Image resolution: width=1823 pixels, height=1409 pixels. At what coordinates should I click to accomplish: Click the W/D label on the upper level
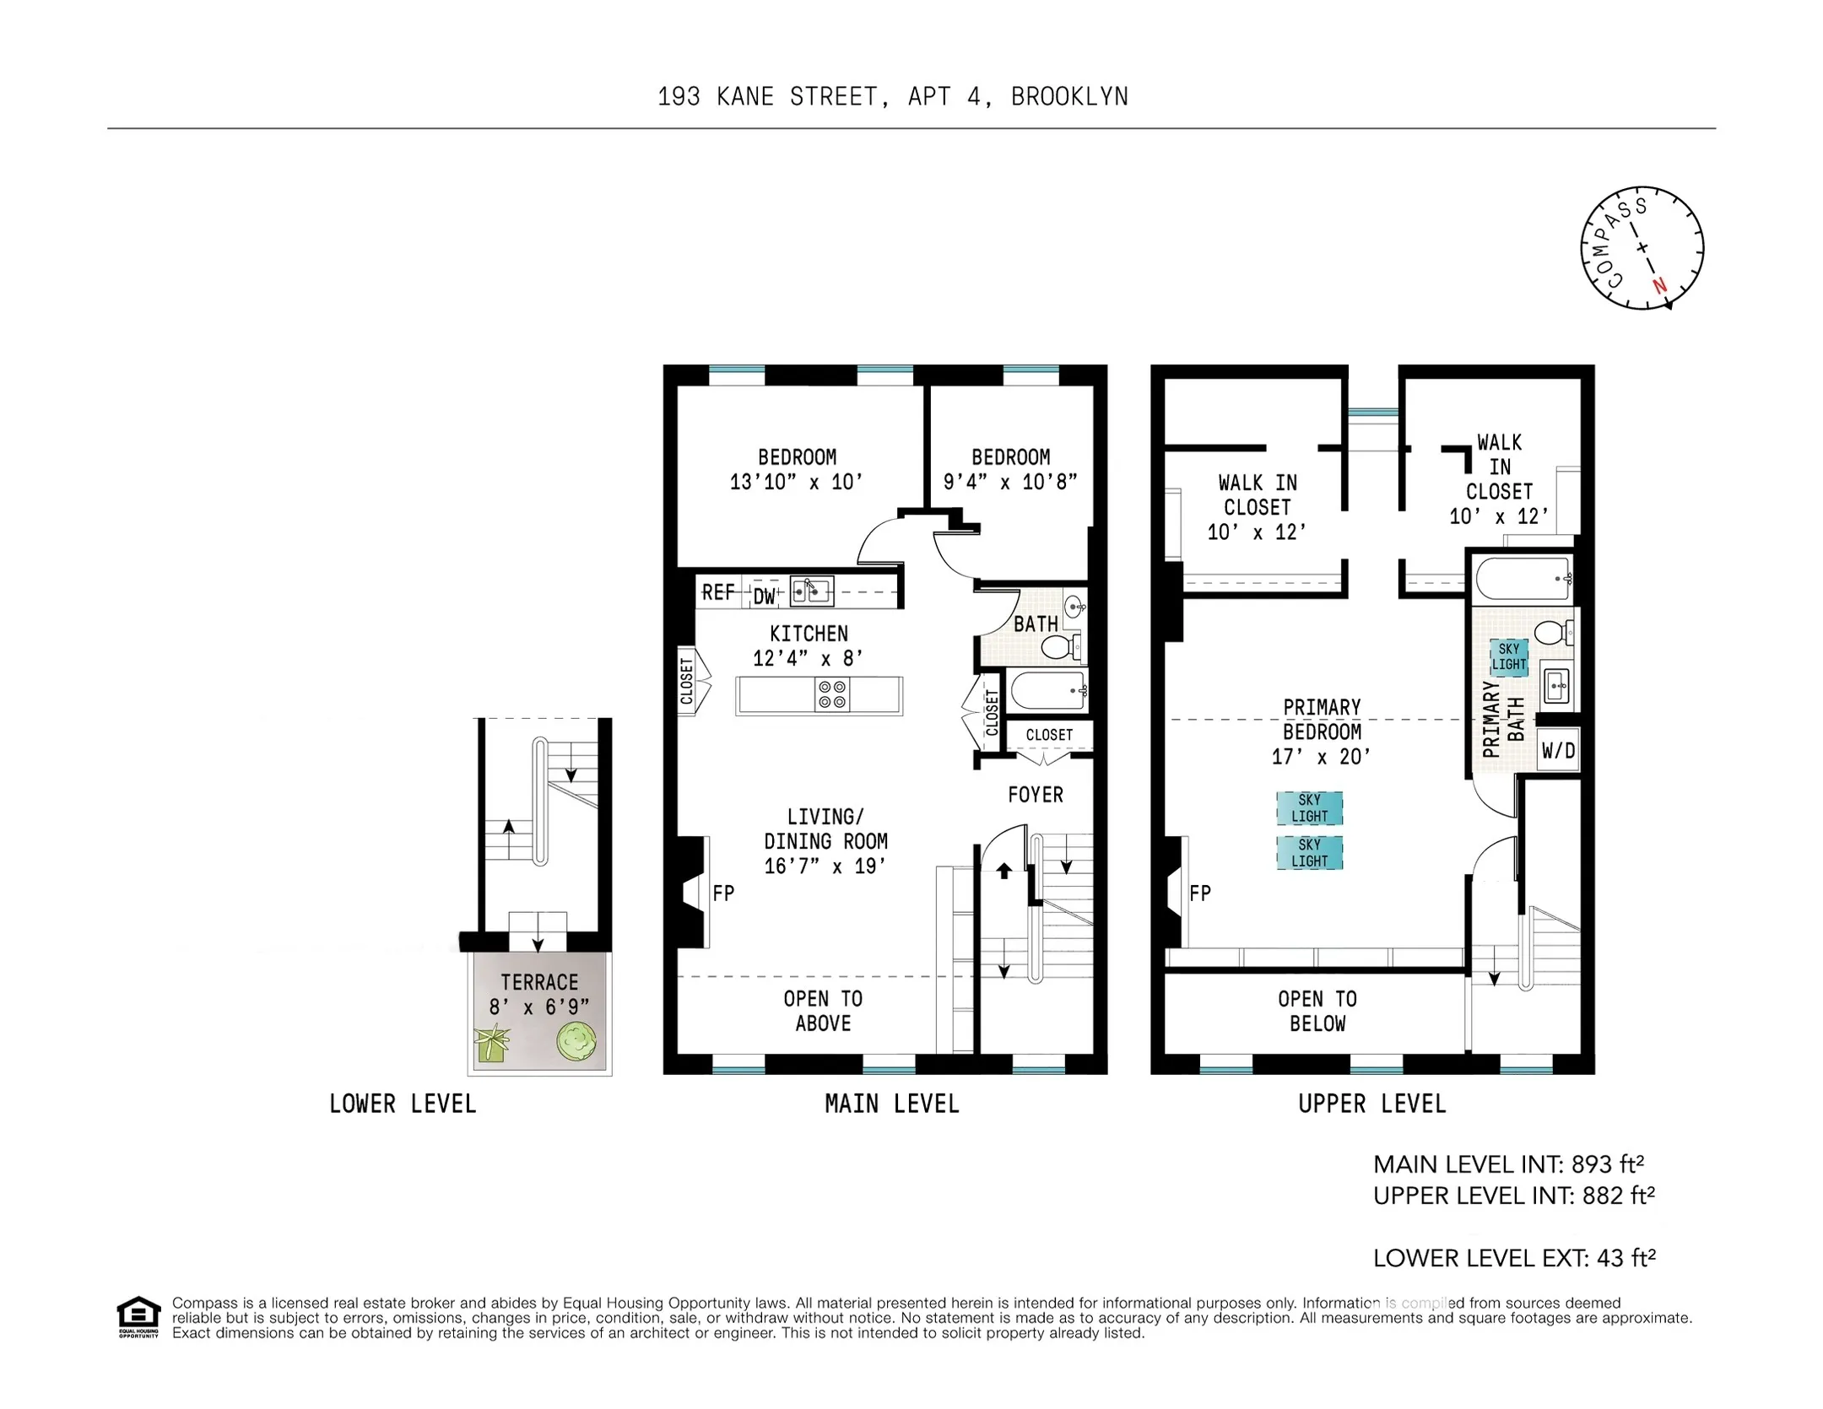[1558, 750]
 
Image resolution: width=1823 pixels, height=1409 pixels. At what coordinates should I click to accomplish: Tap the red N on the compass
[1659, 285]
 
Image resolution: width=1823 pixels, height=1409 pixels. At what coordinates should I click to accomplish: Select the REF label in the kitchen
[718, 592]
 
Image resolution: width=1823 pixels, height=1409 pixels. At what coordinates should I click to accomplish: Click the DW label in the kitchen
[764, 597]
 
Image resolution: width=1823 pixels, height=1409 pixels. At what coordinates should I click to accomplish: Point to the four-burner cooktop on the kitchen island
[831, 694]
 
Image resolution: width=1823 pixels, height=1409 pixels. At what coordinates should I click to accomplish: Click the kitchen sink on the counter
[809, 591]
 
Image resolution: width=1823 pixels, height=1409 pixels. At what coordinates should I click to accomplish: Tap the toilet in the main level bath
[1059, 647]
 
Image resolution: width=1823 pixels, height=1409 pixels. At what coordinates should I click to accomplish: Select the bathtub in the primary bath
[1523, 579]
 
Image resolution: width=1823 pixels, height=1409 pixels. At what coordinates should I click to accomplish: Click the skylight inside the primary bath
[1508, 656]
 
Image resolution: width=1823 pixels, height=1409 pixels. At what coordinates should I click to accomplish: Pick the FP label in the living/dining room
[723, 893]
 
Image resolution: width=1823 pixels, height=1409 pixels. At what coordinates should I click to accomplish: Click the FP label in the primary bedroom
[1199, 893]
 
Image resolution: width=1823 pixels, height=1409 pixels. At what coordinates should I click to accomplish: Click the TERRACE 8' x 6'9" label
[539, 994]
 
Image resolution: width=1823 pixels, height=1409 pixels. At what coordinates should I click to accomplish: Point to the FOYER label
[1035, 794]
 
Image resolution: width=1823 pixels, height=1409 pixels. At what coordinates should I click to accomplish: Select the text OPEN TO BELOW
[1317, 1011]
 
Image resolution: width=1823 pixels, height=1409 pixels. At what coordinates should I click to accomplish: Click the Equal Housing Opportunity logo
[138, 1315]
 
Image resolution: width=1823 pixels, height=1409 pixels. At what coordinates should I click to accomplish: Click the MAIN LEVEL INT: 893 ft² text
[1508, 1164]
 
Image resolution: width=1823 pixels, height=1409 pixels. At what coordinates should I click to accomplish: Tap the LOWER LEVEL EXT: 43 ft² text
[1514, 1258]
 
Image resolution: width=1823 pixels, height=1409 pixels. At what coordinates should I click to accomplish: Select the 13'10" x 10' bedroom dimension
[796, 482]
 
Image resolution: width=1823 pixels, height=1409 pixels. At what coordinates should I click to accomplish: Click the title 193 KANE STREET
[771, 97]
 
